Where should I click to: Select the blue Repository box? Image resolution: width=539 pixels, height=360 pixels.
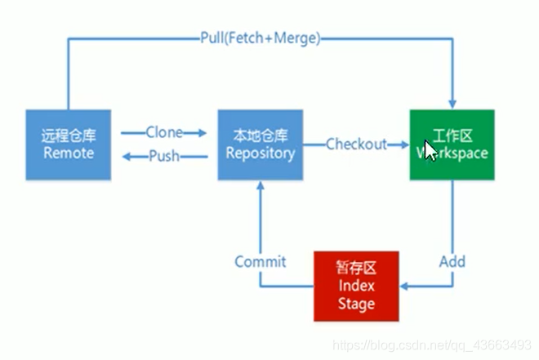click(x=260, y=144)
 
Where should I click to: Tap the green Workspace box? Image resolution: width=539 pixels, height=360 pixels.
click(x=452, y=144)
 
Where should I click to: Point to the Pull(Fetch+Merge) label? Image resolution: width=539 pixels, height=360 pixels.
click(x=260, y=38)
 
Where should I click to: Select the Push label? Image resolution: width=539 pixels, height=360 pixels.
click(x=164, y=156)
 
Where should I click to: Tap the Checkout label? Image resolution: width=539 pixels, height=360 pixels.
click(x=356, y=144)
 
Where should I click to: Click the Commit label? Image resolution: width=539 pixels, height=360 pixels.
click(x=260, y=262)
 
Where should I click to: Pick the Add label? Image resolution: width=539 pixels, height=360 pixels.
click(x=452, y=262)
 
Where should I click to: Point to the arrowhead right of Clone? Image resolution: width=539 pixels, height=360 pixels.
click(x=200, y=132)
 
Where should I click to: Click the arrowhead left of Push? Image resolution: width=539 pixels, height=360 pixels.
click(x=126, y=156)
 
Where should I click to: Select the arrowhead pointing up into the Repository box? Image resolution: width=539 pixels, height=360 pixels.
click(x=260, y=186)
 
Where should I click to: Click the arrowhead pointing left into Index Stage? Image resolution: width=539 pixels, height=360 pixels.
click(x=405, y=287)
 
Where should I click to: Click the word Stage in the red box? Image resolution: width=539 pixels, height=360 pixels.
click(x=356, y=304)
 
